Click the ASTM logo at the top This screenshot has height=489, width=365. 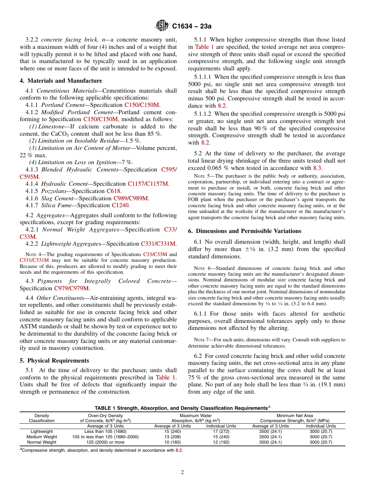(x=161, y=26)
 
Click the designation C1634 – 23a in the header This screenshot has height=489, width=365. (x=192, y=26)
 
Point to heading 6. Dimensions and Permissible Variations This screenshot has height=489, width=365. (x=244, y=231)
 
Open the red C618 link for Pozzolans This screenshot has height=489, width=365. (x=113, y=191)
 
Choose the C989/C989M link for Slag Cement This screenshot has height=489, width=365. (x=131, y=198)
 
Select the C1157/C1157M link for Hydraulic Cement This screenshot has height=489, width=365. (x=148, y=184)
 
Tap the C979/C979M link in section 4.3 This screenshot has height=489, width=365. (x=71, y=288)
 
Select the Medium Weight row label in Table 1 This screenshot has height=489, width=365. (x=41, y=437)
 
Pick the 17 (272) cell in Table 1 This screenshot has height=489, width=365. (x=221, y=431)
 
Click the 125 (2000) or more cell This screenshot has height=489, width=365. (x=105, y=442)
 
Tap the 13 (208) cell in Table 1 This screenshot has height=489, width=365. (x=173, y=437)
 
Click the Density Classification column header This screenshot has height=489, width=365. (x=41, y=418)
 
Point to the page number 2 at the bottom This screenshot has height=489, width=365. (x=182, y=472)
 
